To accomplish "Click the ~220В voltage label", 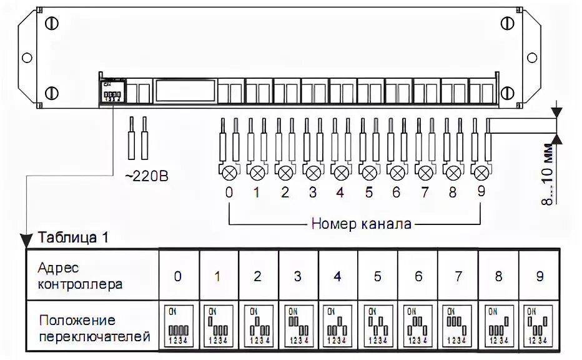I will pos(146,177).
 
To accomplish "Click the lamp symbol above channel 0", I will pos(229,171).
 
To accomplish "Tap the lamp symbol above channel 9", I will pos(481,171).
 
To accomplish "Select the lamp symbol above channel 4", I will pos(341,171).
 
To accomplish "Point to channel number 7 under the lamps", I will pos(425,192).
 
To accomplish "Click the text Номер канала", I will pos(362,224).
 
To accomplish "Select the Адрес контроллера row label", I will pos(80,276).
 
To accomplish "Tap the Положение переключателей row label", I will pos(94,328).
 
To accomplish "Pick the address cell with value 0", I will pos(179,276).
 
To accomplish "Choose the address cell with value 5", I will pos(378,276).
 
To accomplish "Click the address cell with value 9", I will pos(540,276).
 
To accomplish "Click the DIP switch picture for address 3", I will pos(298,324).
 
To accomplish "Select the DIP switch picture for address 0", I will pos(179,324).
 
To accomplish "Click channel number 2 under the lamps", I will pos(285,192).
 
